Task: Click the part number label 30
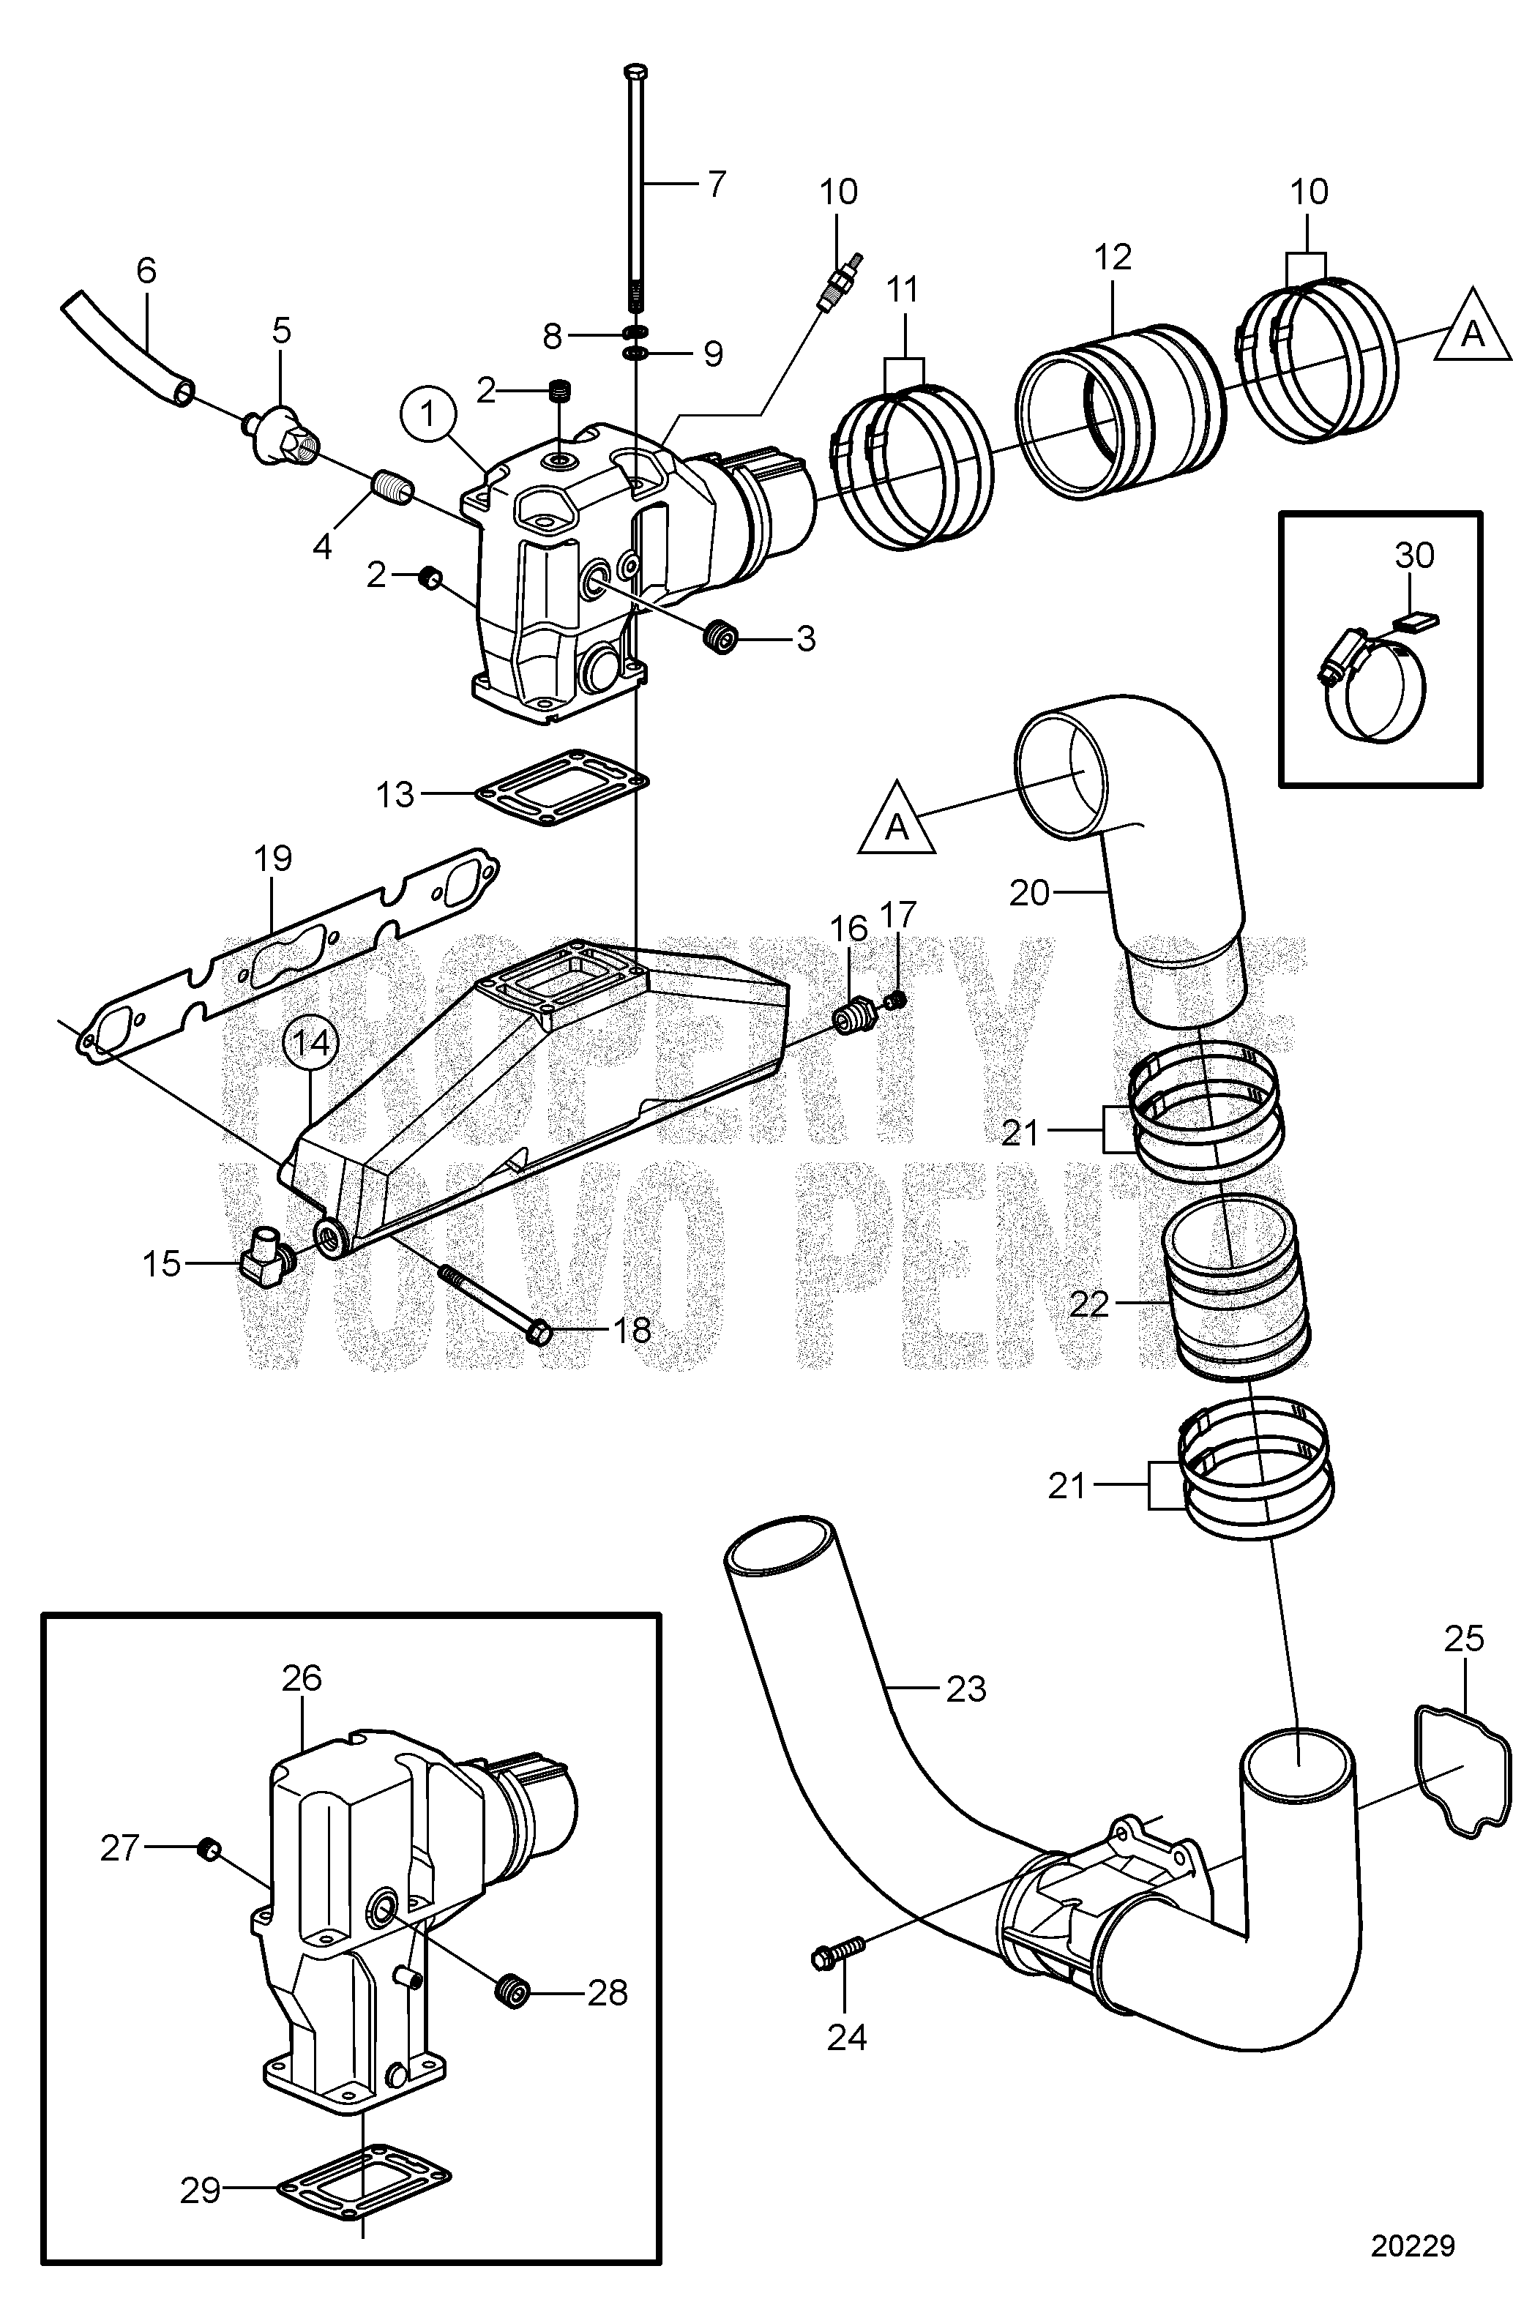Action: pyautogui.click(x=1414, y=556)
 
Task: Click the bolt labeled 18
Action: pyautogui.click(x=504, y=1306)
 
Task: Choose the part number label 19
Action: pyautogui.click(x=273, y=859)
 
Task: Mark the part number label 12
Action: pyautogui.click(x=1113, y=257)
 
